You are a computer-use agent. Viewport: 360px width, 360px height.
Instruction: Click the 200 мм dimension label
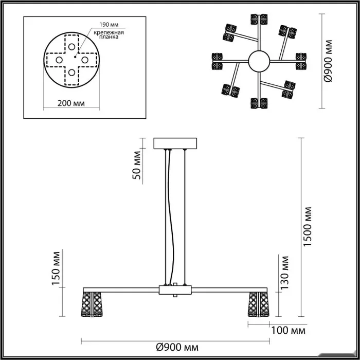point(71,103)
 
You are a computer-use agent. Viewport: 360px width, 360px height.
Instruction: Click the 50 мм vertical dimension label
point(137,166)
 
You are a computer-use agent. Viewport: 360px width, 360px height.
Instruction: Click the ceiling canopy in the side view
point(175,142)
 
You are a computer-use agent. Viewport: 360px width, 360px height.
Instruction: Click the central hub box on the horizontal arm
point(175,291)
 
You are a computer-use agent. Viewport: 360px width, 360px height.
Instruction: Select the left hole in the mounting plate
point(57,59)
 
